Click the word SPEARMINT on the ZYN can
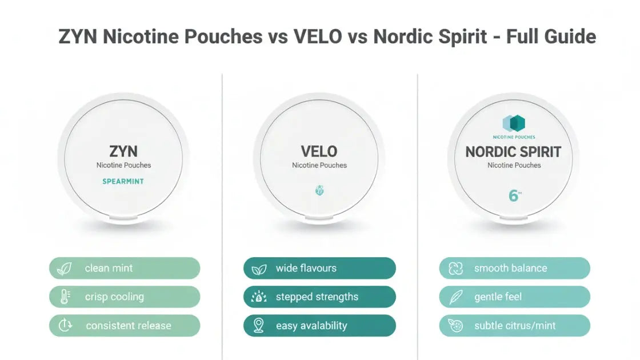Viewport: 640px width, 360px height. (123, 181)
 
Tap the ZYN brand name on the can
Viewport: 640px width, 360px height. (123, 151)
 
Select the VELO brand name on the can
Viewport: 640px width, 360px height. (319, 151)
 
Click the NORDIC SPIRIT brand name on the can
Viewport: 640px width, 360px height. (513, 151)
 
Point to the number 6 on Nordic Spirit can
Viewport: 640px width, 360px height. (513, 196)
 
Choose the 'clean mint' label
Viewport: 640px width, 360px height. (109, 268)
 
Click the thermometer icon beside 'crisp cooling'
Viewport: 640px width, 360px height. (65, 297)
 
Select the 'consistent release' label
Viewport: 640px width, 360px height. (129, 326)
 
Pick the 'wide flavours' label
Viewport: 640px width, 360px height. (306, 268)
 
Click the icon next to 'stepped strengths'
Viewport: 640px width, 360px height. (259, 297)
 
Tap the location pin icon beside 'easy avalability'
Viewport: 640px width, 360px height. (259, 326)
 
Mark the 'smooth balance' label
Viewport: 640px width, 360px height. (510, 268)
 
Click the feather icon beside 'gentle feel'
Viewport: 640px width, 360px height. (455, 297)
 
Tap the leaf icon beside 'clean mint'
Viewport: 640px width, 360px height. (65, 268)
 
